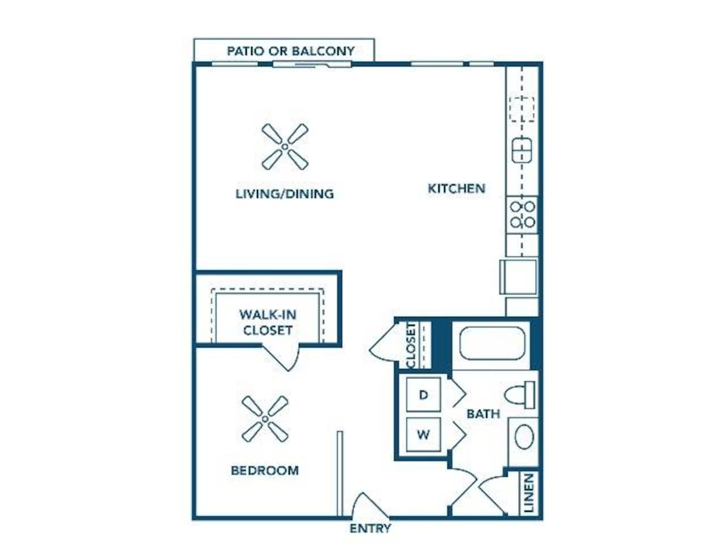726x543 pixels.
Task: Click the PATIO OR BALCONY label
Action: point(290,51)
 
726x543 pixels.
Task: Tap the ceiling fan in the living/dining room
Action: point(285,146)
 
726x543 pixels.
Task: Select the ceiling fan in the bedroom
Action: point(265,419)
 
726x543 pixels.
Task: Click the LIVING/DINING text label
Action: point(285,193)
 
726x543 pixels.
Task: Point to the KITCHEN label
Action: point(457,188)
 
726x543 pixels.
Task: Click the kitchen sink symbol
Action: point(522,150)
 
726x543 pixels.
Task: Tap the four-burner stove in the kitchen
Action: point(522,215)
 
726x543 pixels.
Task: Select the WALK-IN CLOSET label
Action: point(268,322)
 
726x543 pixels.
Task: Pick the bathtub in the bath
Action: point(492,343)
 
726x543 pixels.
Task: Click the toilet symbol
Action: point(519,395)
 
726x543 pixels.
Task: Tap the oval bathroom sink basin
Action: point(524,437)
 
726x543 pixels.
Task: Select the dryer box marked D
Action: point(423,395)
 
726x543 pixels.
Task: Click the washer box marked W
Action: point(423,434)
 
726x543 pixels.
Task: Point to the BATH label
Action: point(483,414)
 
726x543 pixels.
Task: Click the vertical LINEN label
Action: point(529,493)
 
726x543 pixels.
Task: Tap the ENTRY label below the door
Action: point(371,528)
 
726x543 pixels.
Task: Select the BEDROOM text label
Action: point(265,470)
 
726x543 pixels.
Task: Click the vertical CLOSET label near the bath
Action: point(411,345)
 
